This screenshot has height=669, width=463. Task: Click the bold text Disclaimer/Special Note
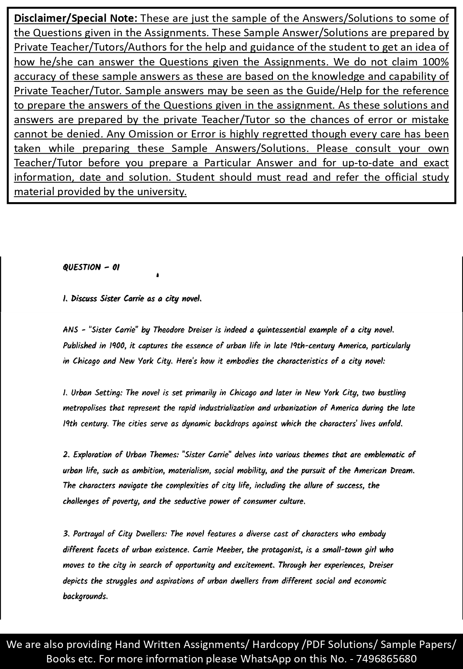(76, 19)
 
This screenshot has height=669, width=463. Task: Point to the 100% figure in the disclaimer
(435, 62)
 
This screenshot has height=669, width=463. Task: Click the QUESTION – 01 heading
(91, 267)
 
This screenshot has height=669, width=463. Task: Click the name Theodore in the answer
(169, 330)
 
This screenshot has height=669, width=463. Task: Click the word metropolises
(84, 408)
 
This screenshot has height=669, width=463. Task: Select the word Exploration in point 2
(93, 455)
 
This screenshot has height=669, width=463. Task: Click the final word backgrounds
(85, 596)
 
